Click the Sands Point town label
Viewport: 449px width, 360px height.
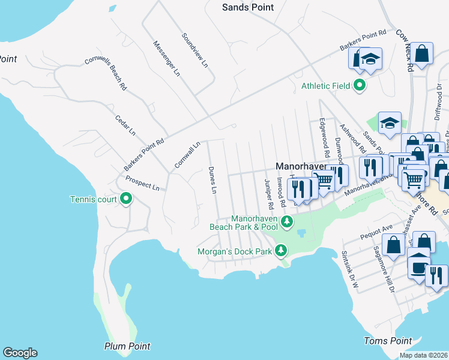pos(247,7)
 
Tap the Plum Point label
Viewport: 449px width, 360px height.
pos(127,346)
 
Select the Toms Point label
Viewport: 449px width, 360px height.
pos(388,341)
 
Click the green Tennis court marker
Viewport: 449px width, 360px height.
pos(126,199)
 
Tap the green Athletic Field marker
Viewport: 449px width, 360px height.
pos(360,86)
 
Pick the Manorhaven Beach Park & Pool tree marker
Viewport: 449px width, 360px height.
pos(287,222)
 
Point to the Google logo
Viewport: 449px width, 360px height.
pos(20,353)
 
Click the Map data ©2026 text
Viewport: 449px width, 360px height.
pos(423,355)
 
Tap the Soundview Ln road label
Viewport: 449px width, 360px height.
pos(194,49)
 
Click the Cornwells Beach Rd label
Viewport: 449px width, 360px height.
pos(106,73)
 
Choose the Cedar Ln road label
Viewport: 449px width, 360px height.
pos(125,125)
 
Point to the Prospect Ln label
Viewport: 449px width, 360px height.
pos(142,183)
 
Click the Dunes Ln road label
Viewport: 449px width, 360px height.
pos(212,181)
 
